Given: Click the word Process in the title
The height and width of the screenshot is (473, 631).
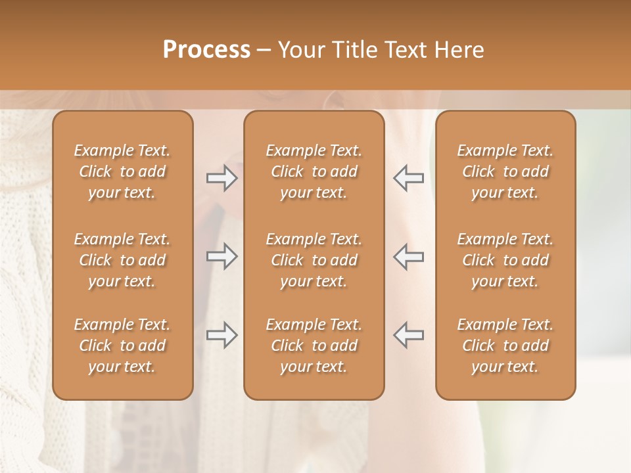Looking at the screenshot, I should [206, 50].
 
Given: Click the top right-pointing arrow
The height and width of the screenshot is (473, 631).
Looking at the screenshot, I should [222, 178].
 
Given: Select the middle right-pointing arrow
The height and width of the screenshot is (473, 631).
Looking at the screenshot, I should [222, 256].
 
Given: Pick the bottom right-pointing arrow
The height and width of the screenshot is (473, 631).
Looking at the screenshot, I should [222, 335].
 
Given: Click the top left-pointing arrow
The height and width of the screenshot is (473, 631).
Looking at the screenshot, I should [408, 178].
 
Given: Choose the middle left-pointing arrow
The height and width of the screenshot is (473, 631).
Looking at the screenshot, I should [408, 256].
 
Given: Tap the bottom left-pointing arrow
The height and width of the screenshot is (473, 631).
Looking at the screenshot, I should [408, 335].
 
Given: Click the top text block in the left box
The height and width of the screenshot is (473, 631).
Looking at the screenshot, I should [122, 171].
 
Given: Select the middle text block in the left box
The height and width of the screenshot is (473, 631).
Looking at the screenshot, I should [122, 260].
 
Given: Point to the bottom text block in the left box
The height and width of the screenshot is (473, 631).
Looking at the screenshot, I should [122, 346].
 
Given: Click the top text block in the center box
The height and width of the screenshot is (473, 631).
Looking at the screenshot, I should [314, 171].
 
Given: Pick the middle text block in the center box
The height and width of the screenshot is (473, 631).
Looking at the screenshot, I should [314, 260].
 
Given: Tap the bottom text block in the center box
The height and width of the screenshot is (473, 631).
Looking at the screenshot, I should [314, 346].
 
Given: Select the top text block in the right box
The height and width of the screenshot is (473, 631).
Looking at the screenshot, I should [505, 171].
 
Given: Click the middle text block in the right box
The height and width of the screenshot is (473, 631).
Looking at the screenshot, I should [505, 260].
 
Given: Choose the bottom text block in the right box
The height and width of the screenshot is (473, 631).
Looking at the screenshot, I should [505, 346].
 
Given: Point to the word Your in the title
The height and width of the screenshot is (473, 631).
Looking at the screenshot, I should [300, 50].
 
